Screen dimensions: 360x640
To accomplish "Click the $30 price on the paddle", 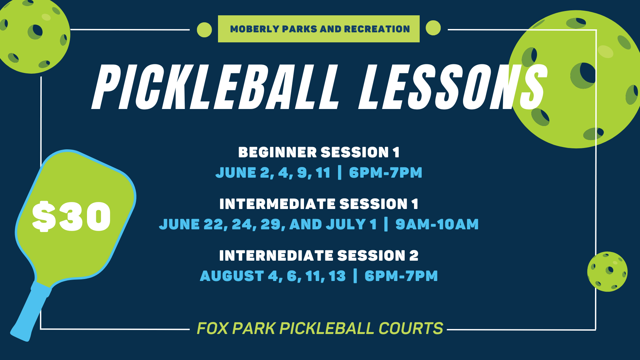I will (x=71, y=216).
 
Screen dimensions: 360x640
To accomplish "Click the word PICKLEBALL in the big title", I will (x=215, y=87).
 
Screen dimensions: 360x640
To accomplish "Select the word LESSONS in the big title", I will (x=452, y=87).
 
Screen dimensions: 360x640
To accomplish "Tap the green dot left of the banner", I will (x=204, y=30).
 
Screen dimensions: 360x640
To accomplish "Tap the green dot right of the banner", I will (x=433, y=28).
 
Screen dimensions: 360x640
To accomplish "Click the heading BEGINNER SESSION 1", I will (x=319, y=152).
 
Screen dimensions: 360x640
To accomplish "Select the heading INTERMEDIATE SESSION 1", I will (x=319, y=204).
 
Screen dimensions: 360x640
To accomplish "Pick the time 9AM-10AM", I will (x=437, y=224).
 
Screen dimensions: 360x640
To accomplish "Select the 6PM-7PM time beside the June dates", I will (x=385, y=173).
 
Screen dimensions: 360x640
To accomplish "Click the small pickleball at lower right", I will (x=607, y=272).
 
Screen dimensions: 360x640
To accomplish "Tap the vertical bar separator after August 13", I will (x=355, y=276).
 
